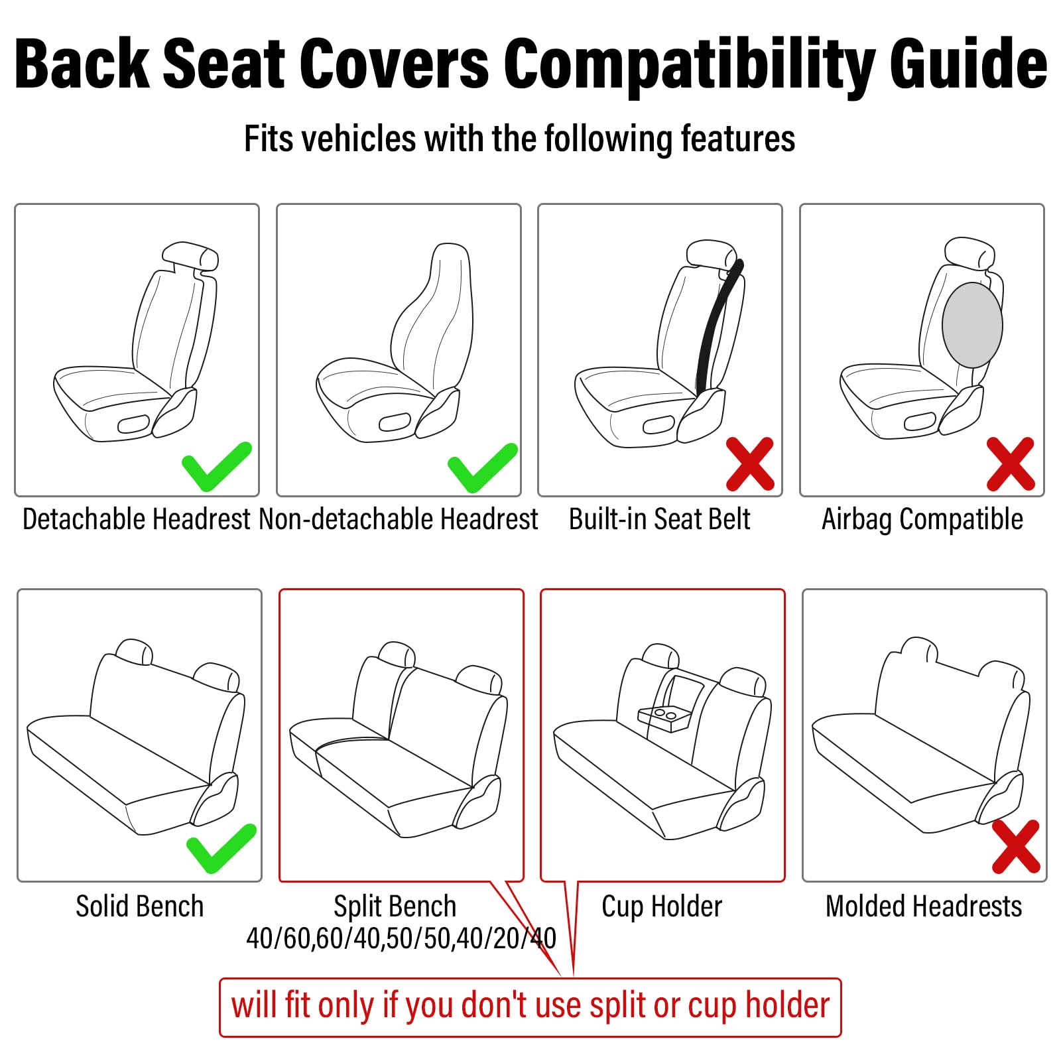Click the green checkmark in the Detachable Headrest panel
(216, 466)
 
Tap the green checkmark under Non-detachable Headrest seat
(482, 468)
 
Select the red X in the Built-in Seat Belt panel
(750, 464)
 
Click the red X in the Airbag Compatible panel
(1010, 464)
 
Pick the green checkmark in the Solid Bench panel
(220, 848)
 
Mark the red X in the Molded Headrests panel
(1016, 847)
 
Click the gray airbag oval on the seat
(972, 325)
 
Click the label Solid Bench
(139, 906)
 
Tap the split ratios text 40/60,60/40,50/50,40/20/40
(401, 938)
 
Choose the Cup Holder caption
(661, 906)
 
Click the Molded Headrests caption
(923, 906)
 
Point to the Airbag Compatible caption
(922, 519)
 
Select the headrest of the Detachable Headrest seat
(190, 256)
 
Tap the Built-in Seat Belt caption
(659, 519)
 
